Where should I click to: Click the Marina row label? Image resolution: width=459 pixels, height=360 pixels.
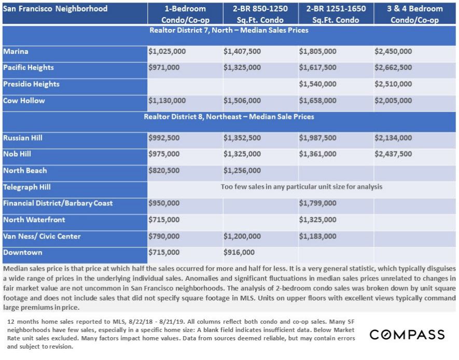(16, 52)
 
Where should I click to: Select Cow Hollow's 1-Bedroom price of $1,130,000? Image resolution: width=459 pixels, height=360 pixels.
(167, 101)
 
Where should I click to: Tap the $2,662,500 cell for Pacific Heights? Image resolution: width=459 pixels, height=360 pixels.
(393, 68)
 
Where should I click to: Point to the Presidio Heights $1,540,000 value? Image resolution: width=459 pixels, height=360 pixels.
(317, 84)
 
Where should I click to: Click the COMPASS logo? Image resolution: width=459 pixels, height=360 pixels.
(407, 335)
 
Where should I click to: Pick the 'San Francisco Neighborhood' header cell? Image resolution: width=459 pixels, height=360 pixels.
(55, 9)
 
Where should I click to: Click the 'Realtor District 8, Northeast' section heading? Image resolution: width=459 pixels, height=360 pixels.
(229, 117)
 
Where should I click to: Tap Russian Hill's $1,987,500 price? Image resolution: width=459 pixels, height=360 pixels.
(317, 139)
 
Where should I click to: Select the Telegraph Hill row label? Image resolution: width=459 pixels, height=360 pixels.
(27, 187)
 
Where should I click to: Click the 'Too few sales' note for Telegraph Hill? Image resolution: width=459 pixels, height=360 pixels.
(301, 187)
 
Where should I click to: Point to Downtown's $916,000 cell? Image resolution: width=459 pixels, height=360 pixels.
(239, 253)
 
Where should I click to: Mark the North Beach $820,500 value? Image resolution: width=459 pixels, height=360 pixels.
(164, 171)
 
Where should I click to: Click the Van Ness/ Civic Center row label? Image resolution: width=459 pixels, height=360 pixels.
(43, 237)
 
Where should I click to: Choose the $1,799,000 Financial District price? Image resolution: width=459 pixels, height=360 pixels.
(317, 203)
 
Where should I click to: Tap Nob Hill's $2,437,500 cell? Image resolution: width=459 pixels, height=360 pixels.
(393, 154)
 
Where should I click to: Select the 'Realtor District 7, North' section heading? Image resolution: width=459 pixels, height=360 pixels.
(229, 31)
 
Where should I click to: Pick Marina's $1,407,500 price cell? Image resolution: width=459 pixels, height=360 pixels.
(242, 52)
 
